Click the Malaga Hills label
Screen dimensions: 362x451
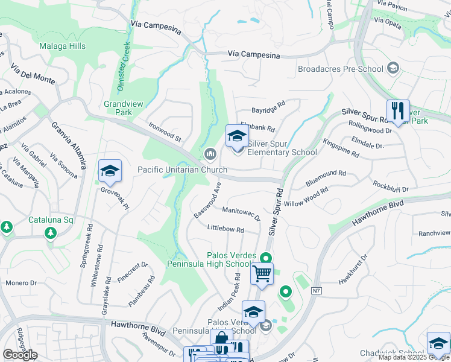[x=63, y=46]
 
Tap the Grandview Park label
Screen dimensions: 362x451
[x=124, y=108]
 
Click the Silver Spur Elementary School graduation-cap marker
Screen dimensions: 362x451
[x=237, y=136]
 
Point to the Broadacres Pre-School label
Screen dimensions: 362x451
[x=341, y=69]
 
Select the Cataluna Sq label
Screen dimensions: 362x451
[x=51, y=220]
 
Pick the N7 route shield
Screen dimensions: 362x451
[x=317, y=291]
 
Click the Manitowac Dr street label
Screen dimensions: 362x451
[x=241, y=213]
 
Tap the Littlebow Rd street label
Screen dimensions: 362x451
[x=225, y=230]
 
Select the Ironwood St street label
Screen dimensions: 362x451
[x=165, y=131]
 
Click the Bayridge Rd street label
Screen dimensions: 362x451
[x=268, y=110]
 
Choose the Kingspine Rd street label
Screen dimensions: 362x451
[x=341, y=148]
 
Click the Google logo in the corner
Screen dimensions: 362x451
[x=20, y=355]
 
